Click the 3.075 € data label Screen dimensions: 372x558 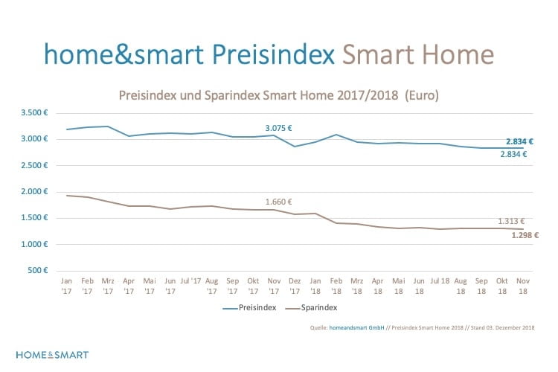279,128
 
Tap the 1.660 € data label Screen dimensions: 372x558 279,202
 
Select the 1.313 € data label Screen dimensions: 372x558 512,221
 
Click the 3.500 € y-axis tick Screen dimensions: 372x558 34,113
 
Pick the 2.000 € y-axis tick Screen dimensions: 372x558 34,192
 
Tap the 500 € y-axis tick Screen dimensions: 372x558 38,270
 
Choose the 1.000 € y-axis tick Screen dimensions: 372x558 34,244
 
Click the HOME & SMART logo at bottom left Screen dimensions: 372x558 52,354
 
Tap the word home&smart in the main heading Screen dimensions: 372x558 124,54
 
